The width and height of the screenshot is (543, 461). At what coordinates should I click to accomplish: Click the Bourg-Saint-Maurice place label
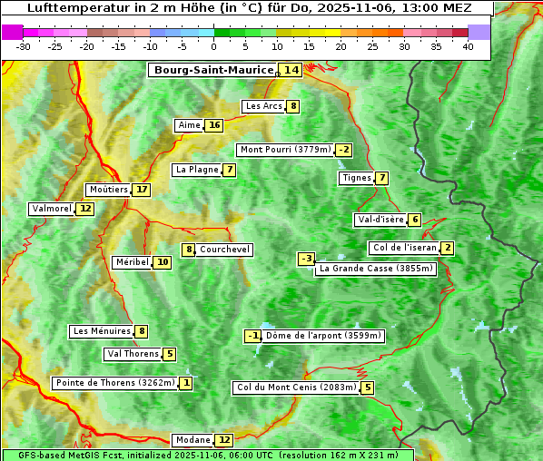tap(213, 70)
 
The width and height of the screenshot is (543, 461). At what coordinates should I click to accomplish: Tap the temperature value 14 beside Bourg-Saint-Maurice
tap(291, 70)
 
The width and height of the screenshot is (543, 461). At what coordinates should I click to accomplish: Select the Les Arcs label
tap(264, 106)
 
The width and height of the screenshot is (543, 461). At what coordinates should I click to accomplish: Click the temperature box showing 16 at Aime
tap(213, 125)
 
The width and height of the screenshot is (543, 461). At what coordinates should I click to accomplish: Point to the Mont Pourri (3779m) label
tap(285, 150)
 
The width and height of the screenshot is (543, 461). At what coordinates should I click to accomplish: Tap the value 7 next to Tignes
tap(382, 178)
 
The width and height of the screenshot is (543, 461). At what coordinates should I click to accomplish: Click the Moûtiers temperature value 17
tap(141, 190)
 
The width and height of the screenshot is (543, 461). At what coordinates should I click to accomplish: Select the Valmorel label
tap(52, 209)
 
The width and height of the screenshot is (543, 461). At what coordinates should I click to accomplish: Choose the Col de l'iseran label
tap(404, 248)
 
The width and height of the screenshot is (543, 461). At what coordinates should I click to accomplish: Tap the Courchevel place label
tap(224, 250)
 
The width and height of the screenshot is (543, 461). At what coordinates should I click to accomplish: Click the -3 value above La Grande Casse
tap(307, 259)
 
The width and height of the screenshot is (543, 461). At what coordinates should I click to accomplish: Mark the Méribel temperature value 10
tap(162, 262)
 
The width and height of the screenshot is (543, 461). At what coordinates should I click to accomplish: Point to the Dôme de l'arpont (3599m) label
tap(323, 336)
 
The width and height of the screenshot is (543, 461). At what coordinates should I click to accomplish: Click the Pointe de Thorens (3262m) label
tap(114, 383)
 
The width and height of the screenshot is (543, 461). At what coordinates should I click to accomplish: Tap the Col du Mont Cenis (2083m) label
tap(296, 387)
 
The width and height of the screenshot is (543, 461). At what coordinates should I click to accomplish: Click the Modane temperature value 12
tap(224, 440)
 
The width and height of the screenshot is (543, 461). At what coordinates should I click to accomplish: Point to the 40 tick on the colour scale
tap(468, 46)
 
